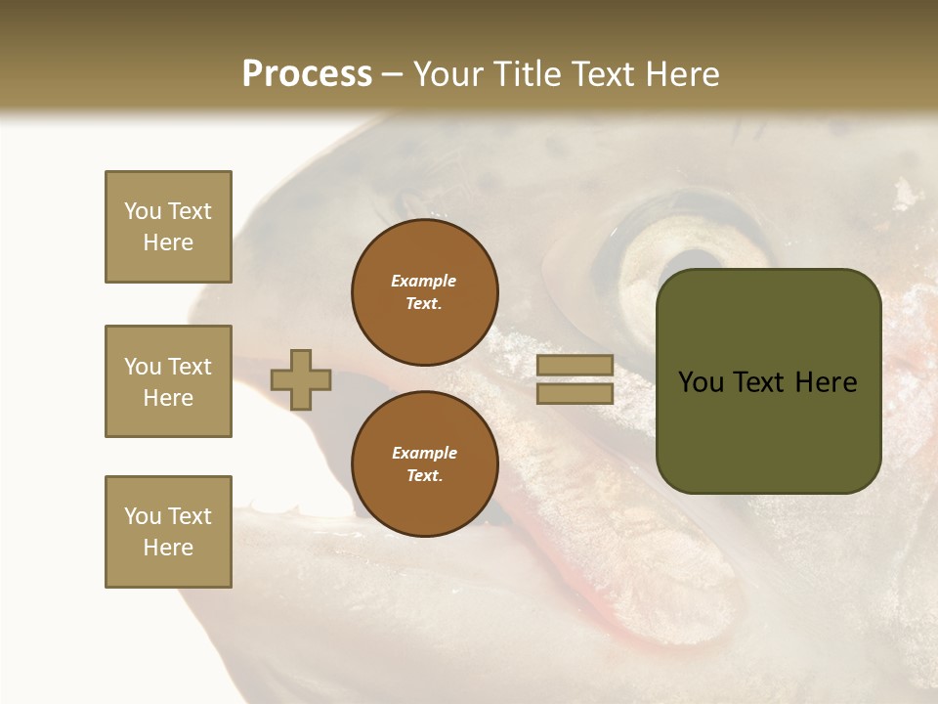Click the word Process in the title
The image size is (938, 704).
point(307,73)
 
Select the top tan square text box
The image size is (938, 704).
point(168,227)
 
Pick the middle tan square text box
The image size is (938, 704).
point(168,381)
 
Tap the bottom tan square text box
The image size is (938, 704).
point(168,532)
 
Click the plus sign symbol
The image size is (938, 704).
point(301,379)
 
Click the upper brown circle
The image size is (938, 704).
point(424,291)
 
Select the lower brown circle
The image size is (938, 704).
point(424,463)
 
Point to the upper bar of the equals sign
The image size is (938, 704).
point(575,365)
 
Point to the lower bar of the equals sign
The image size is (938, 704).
point(575,393)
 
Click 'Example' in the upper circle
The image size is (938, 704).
point(424,281)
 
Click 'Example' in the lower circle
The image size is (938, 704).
point(424,453)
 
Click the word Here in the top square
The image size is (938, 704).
point(168,242)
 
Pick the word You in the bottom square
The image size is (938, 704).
point(142,516)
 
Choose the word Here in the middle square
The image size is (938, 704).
point(168,398)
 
